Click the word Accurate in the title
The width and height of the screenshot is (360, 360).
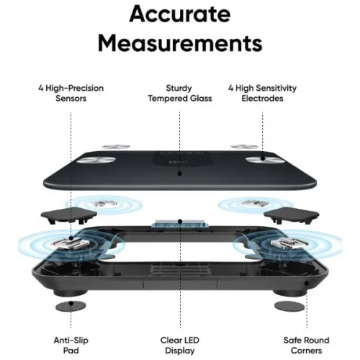click(180, 14)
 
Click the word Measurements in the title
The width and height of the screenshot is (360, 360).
click(180, 43)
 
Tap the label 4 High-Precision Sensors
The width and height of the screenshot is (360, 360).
click(71, 93)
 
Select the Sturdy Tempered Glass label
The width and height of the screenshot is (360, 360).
click(180, 93)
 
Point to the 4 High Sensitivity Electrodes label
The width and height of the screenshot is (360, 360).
click(262, 93)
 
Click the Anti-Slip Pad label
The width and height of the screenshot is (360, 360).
click(71, 345)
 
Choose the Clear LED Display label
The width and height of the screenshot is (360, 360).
click(180, 345)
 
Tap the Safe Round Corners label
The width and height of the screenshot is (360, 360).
click(306, 345)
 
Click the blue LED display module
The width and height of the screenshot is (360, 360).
click(180, 224)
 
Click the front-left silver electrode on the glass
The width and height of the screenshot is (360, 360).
click(96, 160)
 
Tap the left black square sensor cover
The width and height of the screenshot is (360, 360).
click(69, 215)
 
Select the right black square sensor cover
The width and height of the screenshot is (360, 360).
click(292, 215)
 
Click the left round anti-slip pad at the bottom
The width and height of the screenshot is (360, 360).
click(71, 306)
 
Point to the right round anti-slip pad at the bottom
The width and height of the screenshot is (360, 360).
click(289, 307)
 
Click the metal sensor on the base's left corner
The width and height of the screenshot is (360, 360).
click(71, 243)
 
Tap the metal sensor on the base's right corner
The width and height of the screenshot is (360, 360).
click(289, 243)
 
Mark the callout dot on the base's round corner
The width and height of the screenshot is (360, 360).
click(307, 284)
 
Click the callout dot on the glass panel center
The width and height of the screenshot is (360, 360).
click(180, 174)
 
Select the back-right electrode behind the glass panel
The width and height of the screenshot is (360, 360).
click(245, 146)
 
